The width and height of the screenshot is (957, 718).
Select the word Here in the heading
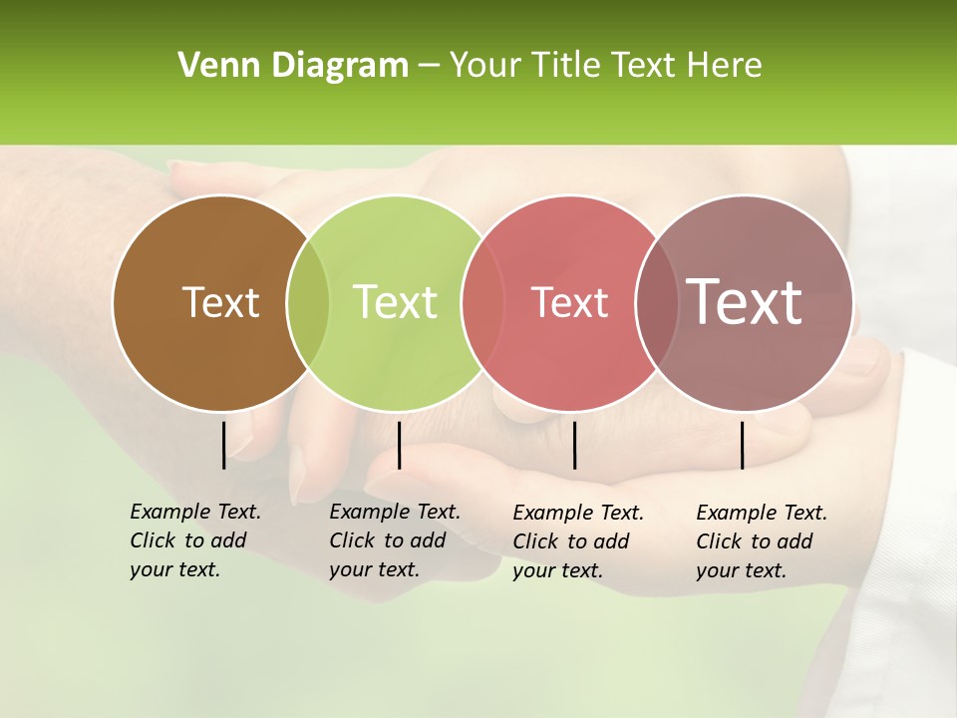tap(727, 66)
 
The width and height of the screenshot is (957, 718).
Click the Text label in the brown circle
tap(220, 302)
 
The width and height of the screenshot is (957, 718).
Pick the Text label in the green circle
tap(396, 302)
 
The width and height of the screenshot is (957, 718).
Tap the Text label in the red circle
tap(569, 302)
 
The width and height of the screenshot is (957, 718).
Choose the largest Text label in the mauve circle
tap(745, 302)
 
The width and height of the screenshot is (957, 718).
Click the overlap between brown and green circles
tap(308, 302)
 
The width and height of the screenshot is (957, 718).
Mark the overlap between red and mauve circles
tap(657, 302)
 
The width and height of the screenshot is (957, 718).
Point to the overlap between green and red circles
tap(483, 302)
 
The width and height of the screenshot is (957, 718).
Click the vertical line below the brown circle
tap(223, 445)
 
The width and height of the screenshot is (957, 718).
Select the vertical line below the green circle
tap(399, 445)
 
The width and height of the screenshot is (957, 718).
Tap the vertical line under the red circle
tap(574, 445)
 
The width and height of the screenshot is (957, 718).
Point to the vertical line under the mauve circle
tap(742, 445)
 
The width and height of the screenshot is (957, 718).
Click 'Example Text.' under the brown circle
tap(195, 512)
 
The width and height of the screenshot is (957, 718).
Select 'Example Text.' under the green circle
tap(395, 512)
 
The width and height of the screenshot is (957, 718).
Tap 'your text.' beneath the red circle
tap(557, 570)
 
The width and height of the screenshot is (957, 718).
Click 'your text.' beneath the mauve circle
tap(741, 570)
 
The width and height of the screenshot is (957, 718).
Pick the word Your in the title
tap(487, 66)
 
